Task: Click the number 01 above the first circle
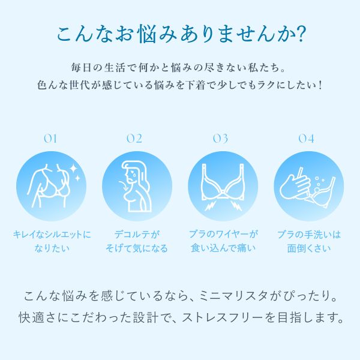(x=50, y=139)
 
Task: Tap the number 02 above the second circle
(x=134, y=139)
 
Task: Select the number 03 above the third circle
(x=220, y=139)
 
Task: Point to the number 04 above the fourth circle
(x=306, y=139)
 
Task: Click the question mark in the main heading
(x=301, y=34)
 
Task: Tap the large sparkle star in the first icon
(x=74, y=168)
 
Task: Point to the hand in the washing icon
(x=295, y=186)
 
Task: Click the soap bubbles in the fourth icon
(x=319, y=184)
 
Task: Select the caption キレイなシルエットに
(x=52, y=235)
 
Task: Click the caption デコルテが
(x=137, y=235)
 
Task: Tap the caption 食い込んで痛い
(x=223, y=248)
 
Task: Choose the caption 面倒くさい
(x=309, y=248)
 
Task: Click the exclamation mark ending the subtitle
(x=320, y=85)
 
